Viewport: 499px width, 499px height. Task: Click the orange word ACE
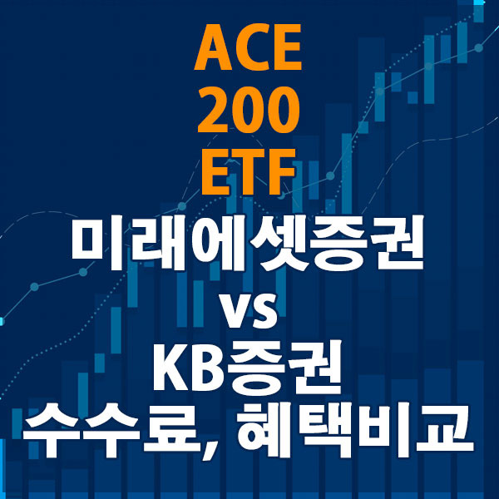pos(249,51)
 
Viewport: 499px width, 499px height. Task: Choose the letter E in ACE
pos(286,51)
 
